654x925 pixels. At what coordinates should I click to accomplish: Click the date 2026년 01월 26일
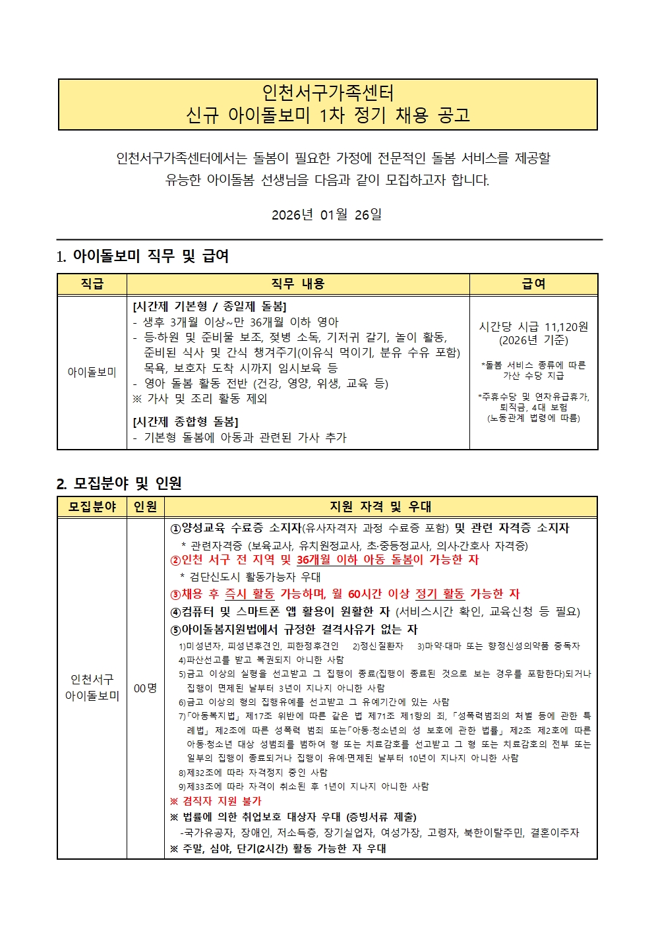[326, 215]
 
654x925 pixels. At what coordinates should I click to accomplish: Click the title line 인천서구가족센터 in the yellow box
[328, 93]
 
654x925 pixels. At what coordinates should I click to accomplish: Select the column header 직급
[92, 284]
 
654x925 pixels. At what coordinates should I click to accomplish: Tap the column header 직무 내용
[298, 284]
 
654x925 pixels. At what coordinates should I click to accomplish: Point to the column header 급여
[533, 284]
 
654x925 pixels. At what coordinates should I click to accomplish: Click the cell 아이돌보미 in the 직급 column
[92, 373]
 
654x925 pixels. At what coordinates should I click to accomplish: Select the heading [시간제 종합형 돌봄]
[185, 422]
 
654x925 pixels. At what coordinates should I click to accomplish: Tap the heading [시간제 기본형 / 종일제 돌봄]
[210, 307]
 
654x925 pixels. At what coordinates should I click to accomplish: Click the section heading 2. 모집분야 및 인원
[119, 484]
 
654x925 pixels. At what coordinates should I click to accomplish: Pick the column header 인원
[145, 507]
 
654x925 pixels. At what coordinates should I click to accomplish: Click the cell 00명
[145, 688]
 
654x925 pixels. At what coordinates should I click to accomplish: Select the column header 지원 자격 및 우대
[380, 507]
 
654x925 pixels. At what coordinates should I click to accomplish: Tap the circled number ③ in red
[175, 595]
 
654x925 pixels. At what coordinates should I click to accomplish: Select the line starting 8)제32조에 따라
[253, 773]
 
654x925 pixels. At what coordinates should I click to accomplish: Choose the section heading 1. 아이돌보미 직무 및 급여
[142, 256]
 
